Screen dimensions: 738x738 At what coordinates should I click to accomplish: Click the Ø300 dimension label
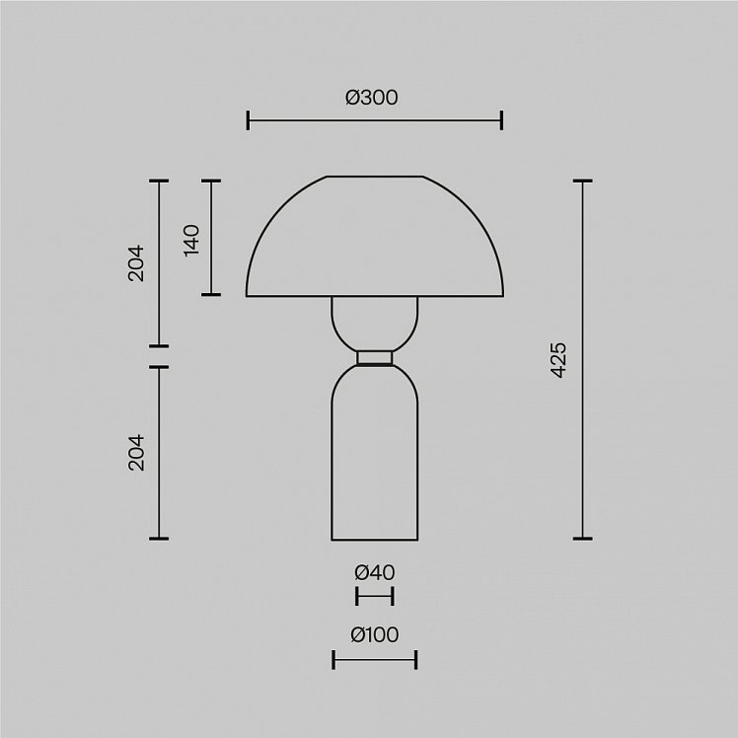click(x=371, y=98)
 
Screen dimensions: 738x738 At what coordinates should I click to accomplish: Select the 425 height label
click(x=558, y=360)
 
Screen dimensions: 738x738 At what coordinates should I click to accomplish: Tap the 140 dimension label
click(x=191, y=240)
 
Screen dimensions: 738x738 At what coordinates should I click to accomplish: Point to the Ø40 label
click(x=375, y=572)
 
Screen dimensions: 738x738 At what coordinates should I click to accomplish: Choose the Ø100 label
click(x=375, y=634)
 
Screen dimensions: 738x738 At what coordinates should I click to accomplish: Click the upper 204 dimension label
click(x=136, y=263)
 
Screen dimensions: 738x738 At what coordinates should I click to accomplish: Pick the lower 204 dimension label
click(x=136, y=452)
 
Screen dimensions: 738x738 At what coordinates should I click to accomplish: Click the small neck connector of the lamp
click(x=375, y=358)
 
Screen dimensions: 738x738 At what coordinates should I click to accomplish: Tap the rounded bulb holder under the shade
click(x=375, y=324)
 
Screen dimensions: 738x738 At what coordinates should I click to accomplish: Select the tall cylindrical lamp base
click(x=375, y=453)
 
